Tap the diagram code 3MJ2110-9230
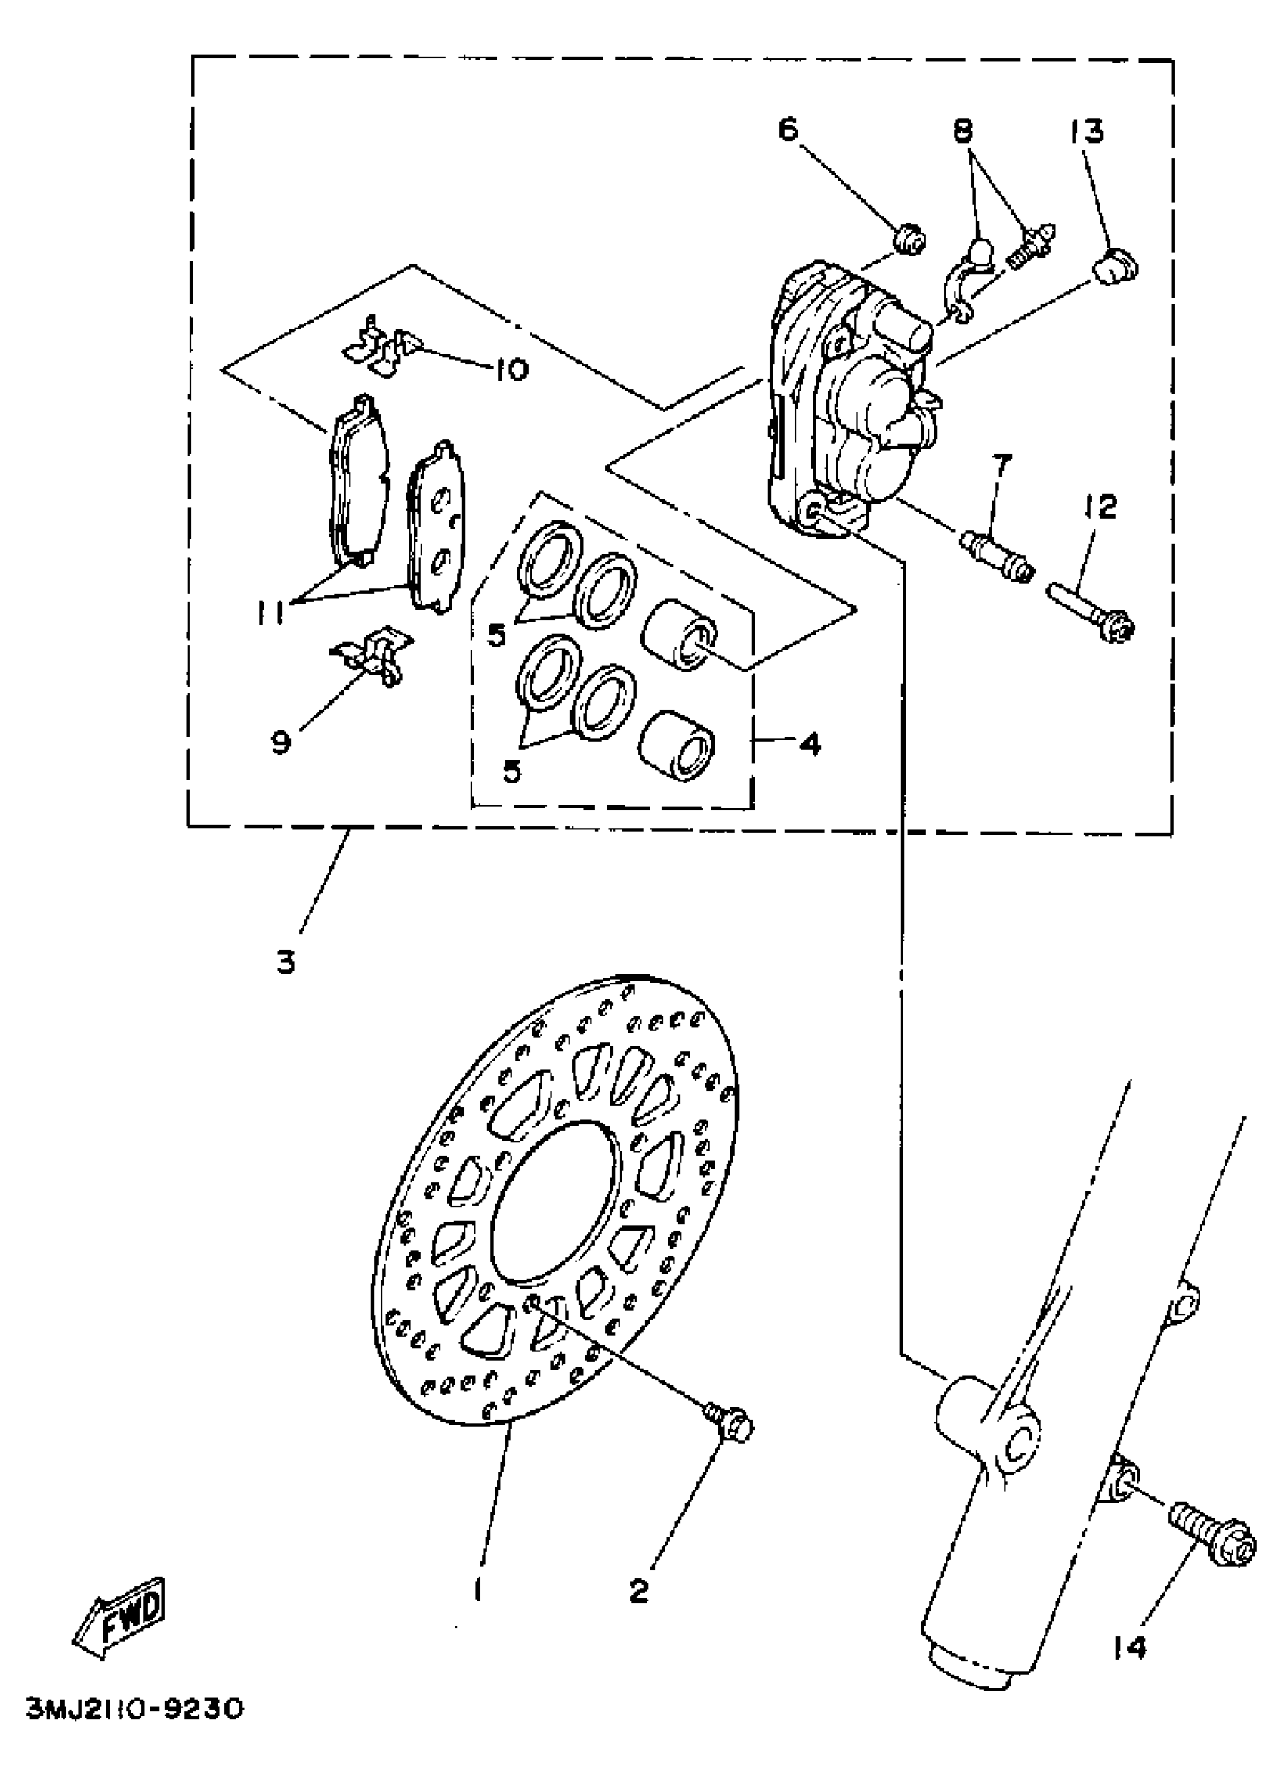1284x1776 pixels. pos(134,1728)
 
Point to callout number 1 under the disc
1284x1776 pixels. pos(477,1590)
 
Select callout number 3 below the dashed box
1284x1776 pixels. pos(286,962)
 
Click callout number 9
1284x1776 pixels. pos(281,741)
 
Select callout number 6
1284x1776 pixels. pos(788,128)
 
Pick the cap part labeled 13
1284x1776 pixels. pos(1116,266)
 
